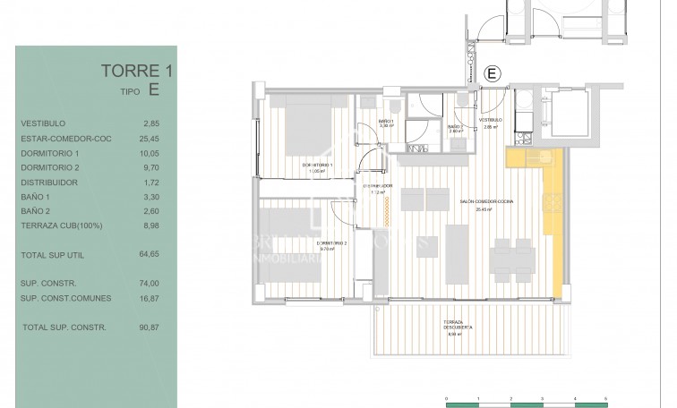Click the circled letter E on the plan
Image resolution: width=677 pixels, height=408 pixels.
click(490, 73)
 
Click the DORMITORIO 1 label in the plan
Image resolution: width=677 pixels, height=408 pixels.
click(317, 165)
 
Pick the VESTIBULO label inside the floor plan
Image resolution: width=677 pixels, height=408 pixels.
click(490, 121)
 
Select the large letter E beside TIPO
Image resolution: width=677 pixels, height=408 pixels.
click(154, 89)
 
